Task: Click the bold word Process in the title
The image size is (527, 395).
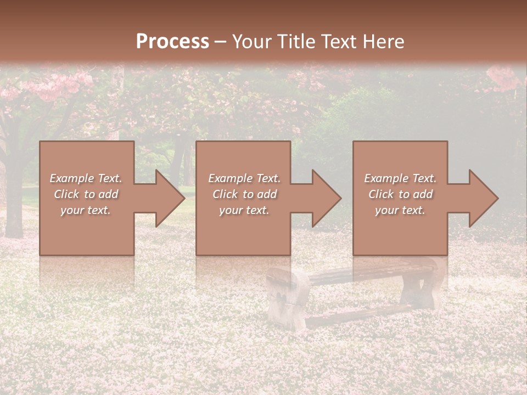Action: [172, 42]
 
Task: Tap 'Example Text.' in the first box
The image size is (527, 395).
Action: [86, 178]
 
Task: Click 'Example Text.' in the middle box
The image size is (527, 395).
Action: [244, 178]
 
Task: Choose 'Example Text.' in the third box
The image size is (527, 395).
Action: [400, 178]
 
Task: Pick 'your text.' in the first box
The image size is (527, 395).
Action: [86, 210]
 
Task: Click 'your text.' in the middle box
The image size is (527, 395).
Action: [244, 210]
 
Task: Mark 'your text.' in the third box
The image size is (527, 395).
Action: [400, 210]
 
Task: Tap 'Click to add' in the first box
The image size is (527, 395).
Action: [86, 194]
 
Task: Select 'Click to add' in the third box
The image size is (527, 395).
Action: [400, 194]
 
